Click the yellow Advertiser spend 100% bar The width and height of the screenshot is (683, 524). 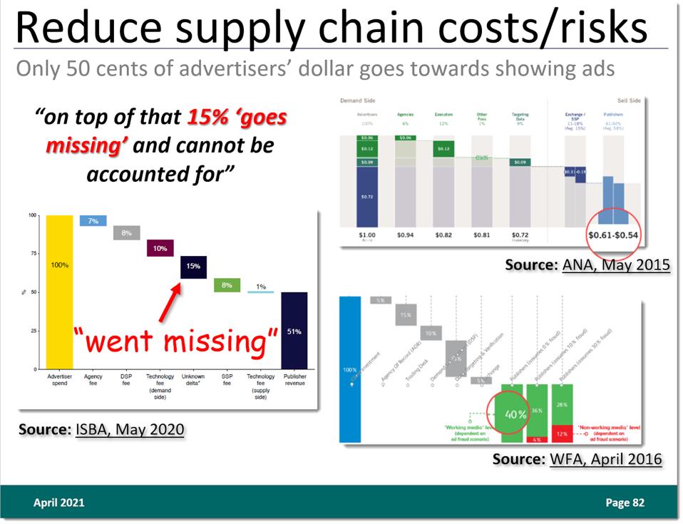(59, 292)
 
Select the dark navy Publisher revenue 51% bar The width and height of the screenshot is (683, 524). (294, 331)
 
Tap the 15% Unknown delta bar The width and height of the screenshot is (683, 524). (193, 266)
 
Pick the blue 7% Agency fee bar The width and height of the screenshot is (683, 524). (93, 221)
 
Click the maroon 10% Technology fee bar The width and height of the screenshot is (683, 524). (160, 248)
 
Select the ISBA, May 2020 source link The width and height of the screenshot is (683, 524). (130, 429)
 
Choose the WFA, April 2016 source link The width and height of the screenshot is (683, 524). (605, 458)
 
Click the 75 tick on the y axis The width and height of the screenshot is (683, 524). (32, 254)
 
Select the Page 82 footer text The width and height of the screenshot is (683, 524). (625, 503)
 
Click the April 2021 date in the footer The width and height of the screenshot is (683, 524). (59, 503)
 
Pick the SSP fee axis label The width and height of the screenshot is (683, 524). (227, 380)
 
